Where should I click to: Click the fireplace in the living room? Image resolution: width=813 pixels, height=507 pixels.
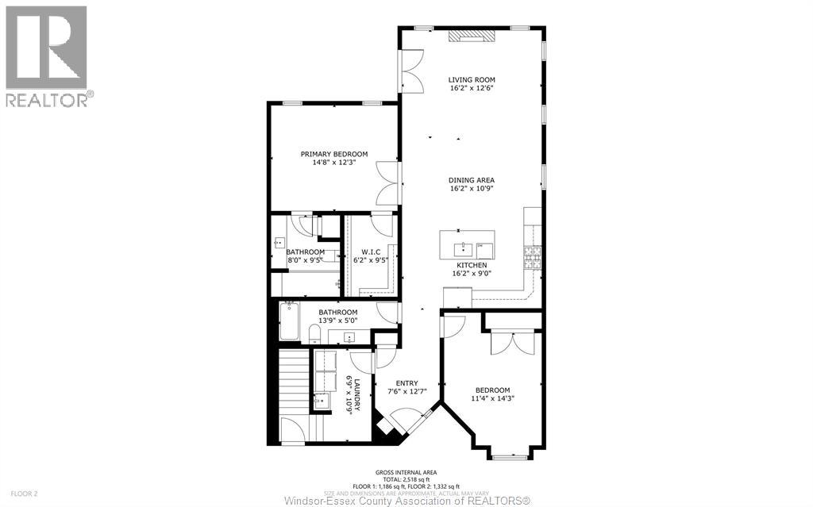click(472, 35)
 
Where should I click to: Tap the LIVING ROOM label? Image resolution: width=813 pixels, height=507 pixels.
click(472, 79)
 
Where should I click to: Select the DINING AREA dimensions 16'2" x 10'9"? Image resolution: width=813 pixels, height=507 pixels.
click(472, 189)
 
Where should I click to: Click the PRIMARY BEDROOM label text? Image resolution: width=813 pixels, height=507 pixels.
click(333, 154)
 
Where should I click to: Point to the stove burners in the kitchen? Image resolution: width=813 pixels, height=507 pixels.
click(529, 256)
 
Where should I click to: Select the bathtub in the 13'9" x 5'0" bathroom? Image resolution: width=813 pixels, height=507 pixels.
click(289, 321)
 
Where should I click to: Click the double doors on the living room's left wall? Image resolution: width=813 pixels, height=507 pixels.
click(412, 71)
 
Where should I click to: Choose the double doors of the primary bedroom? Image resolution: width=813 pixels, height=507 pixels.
click(386, 182)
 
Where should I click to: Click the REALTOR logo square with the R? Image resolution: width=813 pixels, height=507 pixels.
click(46, 48)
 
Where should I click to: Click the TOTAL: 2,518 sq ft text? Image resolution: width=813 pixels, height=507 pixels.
click(406, 479)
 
